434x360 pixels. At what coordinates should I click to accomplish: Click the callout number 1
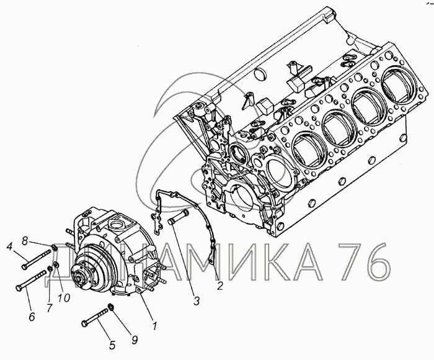click(x=155, y=326)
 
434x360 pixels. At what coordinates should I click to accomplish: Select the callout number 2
click(x=219, y=286)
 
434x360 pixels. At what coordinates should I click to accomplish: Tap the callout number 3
click(x=197, y=300)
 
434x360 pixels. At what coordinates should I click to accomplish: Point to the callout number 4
click(x=10, y=246)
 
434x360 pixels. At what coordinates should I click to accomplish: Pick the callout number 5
click(x=112, y=345)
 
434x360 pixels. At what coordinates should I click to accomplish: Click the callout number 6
click(x=32, y=316)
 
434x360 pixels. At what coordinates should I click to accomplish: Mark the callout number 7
click(x=50, y=308)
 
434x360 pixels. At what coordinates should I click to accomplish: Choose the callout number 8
click(x=25, y=241)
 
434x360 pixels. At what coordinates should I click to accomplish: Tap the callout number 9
click(x=135, y=340)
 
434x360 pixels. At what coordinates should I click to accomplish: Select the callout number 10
click(x=64, y=298)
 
